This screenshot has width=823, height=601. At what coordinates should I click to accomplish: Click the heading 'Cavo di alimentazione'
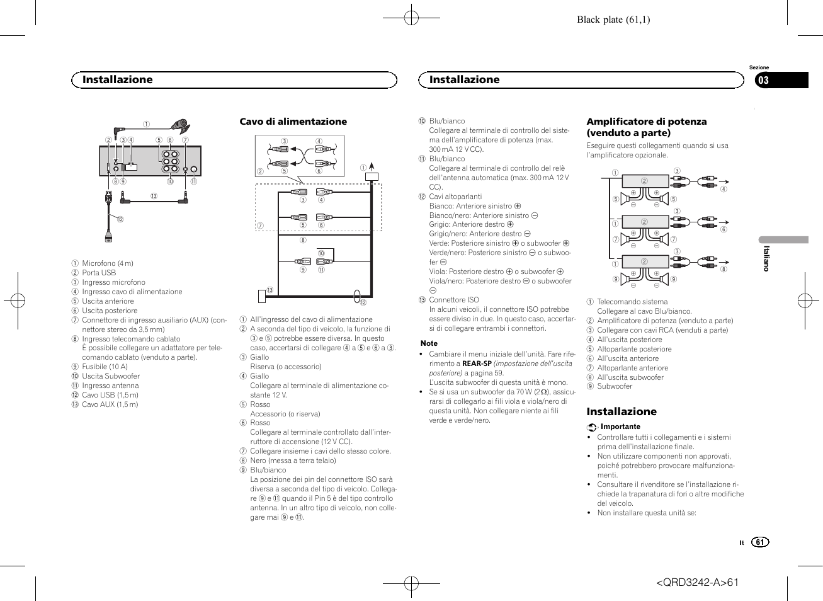click(293, 122)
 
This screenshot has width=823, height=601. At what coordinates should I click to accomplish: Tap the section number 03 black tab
click(781, 80)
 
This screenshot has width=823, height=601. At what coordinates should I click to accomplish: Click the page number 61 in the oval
click(760, 542)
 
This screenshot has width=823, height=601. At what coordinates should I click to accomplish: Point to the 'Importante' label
click(620, 426)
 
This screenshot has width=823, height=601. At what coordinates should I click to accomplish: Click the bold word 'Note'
click(429, 343)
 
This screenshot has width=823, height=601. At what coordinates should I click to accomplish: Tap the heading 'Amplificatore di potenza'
click(646, 122)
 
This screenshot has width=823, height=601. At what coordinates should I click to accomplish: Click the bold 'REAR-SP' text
click(477, 363)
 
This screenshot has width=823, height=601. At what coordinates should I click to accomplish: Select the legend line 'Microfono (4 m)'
click(107, 263)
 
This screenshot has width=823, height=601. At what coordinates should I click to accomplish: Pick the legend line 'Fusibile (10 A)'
click(105, 367)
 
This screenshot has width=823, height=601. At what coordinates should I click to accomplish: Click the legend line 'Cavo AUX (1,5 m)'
click(110, 404)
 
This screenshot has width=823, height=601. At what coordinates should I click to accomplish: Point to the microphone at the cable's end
click(181, 125)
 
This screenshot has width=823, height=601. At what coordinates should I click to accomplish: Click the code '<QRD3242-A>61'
click(697, 582)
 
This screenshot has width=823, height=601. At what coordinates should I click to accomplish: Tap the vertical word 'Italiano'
click(766, 258)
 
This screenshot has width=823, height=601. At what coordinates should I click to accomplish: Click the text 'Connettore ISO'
click(453, 300)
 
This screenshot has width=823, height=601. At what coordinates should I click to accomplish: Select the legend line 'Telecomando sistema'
click(632, 302)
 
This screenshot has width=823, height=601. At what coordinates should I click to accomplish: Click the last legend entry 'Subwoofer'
click(614, 386)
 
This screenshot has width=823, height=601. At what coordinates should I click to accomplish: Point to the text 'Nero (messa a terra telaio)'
click(293, 461)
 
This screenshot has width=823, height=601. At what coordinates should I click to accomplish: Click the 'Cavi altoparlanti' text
click(455, 197)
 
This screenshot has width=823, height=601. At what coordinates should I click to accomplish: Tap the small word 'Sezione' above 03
click(759, 67)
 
